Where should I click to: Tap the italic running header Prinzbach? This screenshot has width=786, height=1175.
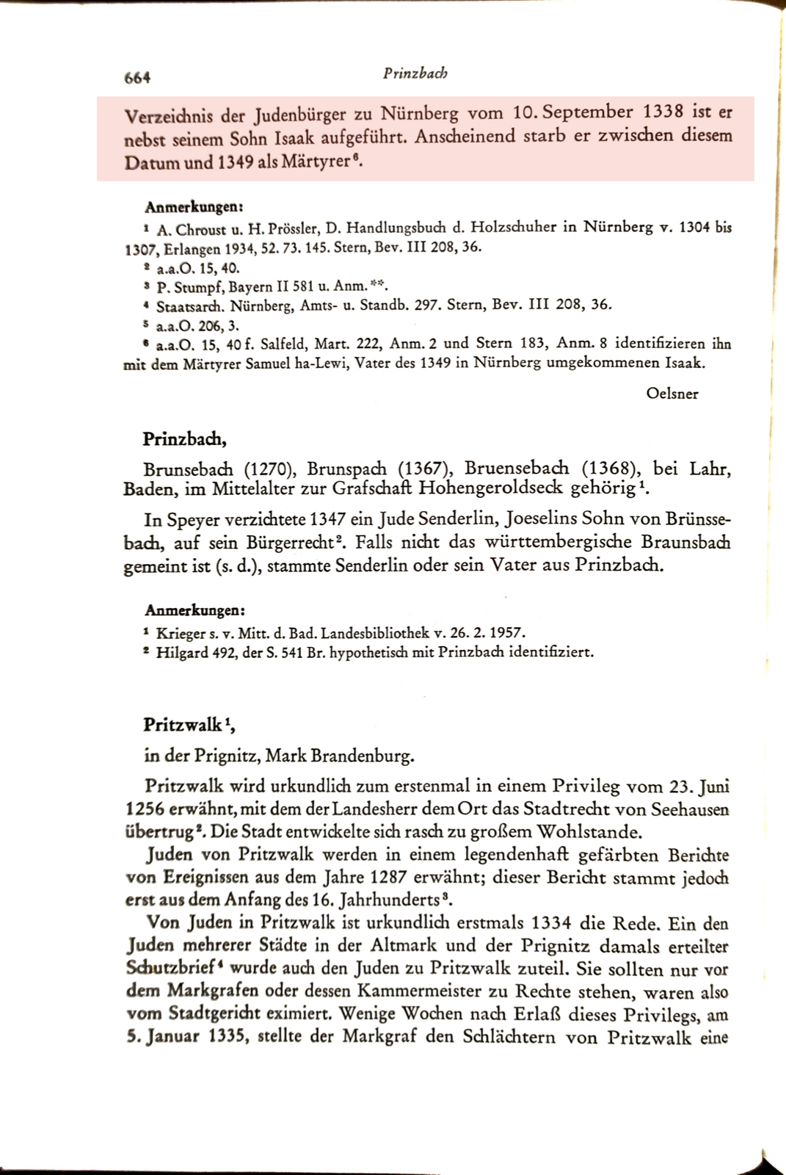tap(415, 73)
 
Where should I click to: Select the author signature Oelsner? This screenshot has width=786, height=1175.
tap(672, 394)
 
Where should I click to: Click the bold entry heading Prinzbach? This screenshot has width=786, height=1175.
tap(184, 439)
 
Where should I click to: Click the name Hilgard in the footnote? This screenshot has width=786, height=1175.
tap(182, 651)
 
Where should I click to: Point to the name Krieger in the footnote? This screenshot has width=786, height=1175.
tap(181, 632)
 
